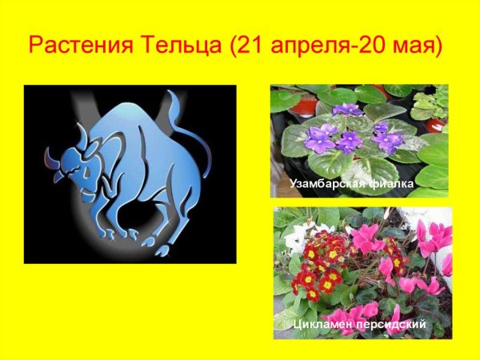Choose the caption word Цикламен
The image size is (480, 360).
(321, 324)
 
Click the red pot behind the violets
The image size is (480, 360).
(303, 105)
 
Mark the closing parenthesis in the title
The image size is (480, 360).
(438, 45)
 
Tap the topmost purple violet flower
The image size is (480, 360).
(347, 109)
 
